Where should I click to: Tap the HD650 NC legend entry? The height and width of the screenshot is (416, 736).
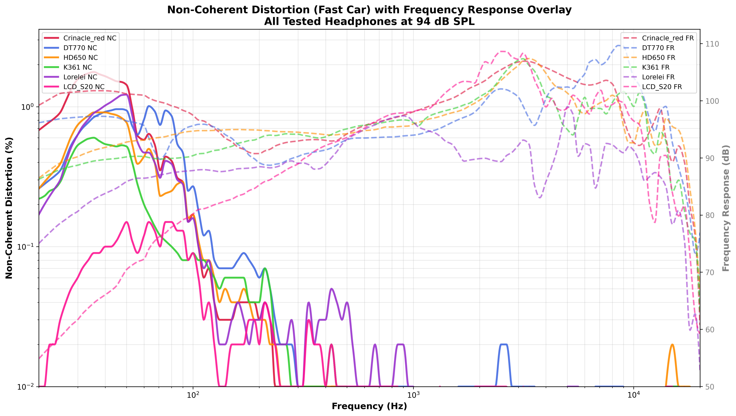pos(80,58)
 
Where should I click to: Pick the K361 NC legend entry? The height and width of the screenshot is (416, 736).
pos(77,67)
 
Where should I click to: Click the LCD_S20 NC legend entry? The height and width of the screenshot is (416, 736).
pos(84,87)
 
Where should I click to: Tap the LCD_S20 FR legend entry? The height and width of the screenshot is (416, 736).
pos(662,87)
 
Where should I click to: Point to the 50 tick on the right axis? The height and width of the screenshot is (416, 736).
pos(711,387)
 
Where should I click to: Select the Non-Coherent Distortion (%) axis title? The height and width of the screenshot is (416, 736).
pos(9,208)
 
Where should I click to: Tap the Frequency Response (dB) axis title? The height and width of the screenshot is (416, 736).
pos(726,208)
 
